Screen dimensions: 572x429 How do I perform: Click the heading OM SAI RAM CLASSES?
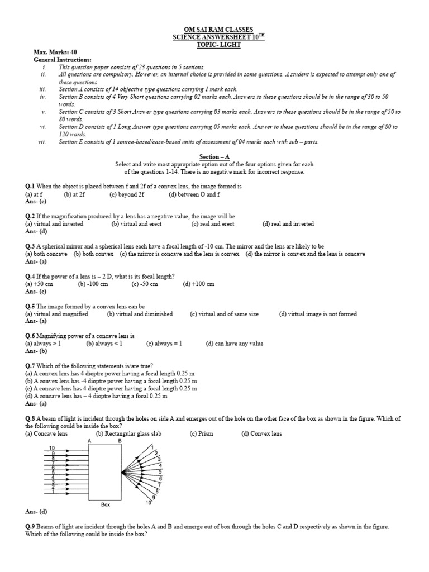point(214,29)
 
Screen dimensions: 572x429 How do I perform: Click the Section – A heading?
point(214,157)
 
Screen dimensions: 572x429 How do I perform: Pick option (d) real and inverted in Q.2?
point(288,224)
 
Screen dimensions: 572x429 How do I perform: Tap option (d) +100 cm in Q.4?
point(198,284)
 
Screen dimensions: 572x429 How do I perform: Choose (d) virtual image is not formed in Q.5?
point(318,314)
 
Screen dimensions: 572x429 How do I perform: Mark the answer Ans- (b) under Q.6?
point(36,352)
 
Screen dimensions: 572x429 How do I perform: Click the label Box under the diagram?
point(106,504)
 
